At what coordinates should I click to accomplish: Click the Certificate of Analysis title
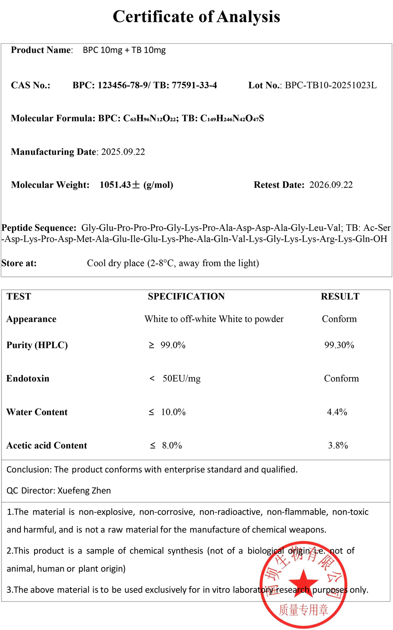click(x=196, y=17)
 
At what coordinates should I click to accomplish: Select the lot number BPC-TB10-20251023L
click(x=330, y=85)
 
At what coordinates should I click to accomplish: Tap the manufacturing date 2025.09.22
click(x=123, y=152)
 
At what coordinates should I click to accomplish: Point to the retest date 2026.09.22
click(x=331, y=185)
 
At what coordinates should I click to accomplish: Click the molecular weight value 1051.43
click(x=115, y=185)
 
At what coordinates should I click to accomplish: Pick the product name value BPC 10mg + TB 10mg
click(x=124, y=50)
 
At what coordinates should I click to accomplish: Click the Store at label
click(x=19, y=263)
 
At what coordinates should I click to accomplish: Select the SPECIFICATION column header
click(x=186, y=296)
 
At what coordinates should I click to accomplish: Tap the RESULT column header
click(x=340, y=296)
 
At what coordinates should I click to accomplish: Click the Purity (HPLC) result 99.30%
click(x=339, y=345)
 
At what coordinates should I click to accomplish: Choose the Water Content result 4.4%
click(x=337, y=412)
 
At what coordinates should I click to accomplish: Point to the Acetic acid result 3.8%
click(x=338, y=446)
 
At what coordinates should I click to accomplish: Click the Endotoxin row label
click(x=28, y=379)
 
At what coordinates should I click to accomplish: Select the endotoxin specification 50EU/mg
click(x=181, y=379)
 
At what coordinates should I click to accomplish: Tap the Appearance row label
click(x=31, y=319)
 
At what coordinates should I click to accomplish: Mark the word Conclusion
click(x=28, y=470)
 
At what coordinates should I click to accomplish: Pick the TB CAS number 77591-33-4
click(x=194, y=85)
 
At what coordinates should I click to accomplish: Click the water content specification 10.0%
click(x=173, y=412)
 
